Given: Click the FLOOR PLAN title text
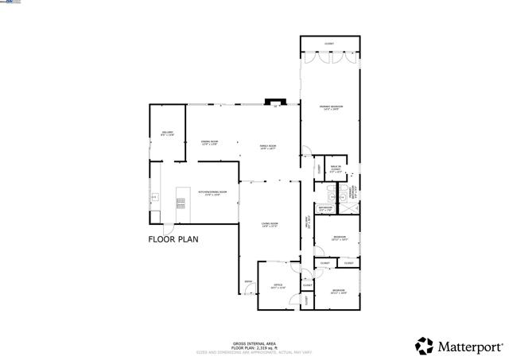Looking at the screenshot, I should click(173, 238).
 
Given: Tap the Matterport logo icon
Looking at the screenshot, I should click(425, 346).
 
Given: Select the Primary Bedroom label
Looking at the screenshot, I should click(330, 108).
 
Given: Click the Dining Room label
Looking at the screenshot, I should click(209, 142).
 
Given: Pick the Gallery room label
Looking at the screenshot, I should click(168, 133).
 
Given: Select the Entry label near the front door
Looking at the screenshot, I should click(248, 281).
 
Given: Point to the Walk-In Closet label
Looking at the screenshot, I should click(336, 168).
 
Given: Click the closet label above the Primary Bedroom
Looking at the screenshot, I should click(329, 44).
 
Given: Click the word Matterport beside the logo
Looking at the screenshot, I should click(471, 346).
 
